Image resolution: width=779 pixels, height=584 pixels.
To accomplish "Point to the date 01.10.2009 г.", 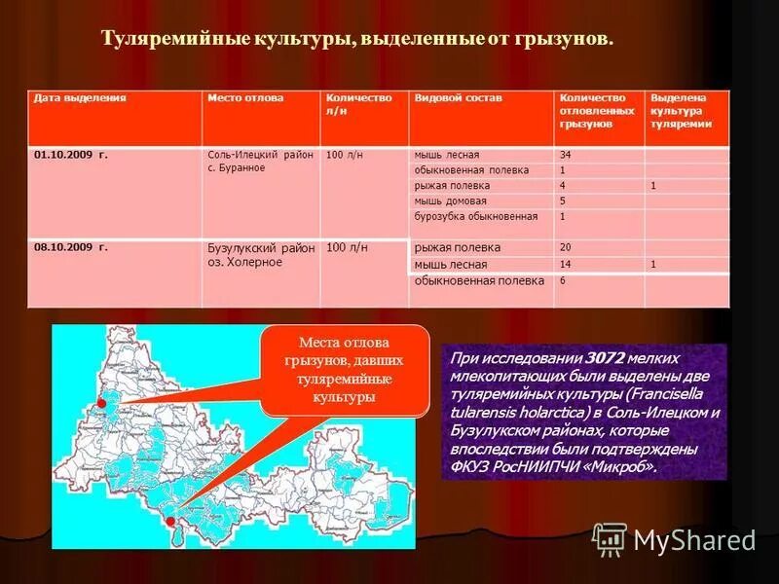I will pos(70,155).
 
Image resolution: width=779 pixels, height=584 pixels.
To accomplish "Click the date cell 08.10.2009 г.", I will pos(70,247).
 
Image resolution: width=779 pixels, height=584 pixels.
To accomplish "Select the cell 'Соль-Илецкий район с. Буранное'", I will pos(260,162).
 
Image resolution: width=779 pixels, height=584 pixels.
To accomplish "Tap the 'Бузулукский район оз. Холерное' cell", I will pos(260,255).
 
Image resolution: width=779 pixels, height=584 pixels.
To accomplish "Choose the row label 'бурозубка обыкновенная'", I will pos(475,216).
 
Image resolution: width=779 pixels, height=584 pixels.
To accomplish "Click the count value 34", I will pos(566,155).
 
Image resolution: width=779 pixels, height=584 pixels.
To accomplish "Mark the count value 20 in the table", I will pos(566,247).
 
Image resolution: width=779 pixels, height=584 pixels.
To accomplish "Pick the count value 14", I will pos(566,264).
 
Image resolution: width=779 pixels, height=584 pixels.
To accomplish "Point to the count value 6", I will pos(562,280).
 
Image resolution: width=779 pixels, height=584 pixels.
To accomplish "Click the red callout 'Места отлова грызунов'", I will pos(345,370).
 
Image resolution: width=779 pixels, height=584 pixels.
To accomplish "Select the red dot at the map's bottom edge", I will pos(172,522).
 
